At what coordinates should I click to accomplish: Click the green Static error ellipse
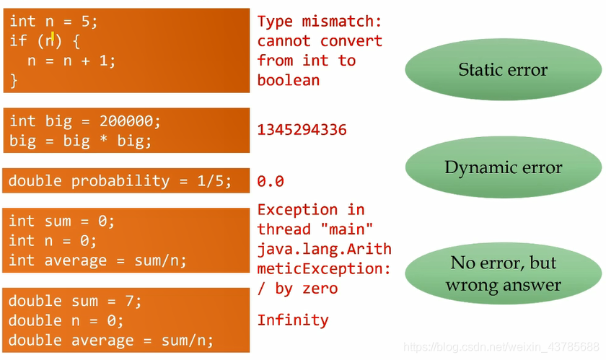tap(503, 70)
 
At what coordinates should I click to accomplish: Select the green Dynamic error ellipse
tap(503, 167)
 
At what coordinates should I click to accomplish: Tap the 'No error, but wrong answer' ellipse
tap(503, 273)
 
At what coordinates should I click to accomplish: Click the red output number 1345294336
tap(302, 130)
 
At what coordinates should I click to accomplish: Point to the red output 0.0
tap(271, 181)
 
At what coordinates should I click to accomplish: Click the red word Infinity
tap(293, 320)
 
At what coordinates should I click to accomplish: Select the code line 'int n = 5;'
tap(53, 21)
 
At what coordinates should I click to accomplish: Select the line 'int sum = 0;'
tap(62, 220)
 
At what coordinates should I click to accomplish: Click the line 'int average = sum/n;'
tap(97, 260)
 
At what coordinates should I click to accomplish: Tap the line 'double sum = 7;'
tap(76, 300)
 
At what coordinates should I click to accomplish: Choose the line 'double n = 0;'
tap(66, 320)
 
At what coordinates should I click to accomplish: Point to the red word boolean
tap(289, 80)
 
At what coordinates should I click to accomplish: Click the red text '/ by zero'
tap(297, 289)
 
